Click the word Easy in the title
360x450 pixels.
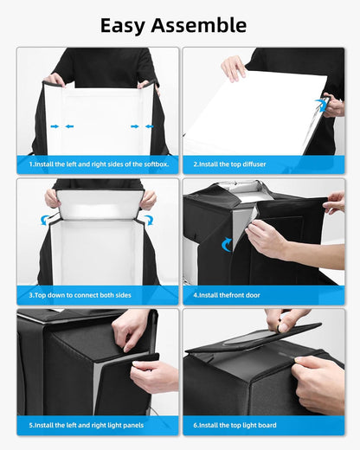[127, 25]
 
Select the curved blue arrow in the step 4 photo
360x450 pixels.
[227, 244]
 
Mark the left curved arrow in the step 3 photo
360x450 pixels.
[46, 219]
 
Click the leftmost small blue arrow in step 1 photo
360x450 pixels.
[55, 126]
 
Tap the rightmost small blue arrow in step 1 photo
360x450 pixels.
[149, 126]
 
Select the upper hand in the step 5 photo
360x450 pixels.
[131, 329]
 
